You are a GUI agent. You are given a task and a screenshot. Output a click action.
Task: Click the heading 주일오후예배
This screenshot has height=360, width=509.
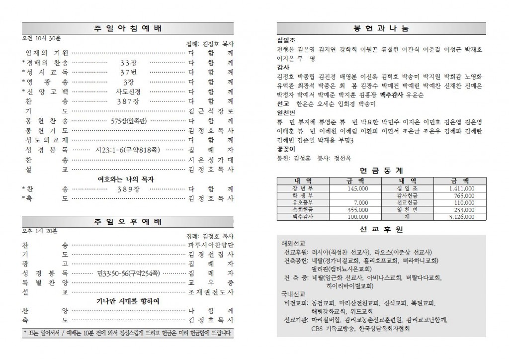click(127, 222)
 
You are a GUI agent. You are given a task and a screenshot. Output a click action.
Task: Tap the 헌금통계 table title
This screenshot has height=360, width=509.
click(381, 170)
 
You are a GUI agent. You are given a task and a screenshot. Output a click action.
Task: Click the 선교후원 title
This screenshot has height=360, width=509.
click(381, 229)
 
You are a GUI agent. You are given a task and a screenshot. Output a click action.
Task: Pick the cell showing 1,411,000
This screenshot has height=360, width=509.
click(461, 189)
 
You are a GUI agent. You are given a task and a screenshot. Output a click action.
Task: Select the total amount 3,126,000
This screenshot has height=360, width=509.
click(461, 217)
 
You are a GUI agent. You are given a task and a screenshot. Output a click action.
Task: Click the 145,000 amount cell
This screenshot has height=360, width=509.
click(358, 189)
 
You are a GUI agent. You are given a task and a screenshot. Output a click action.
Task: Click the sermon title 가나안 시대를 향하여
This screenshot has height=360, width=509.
click(127, 301)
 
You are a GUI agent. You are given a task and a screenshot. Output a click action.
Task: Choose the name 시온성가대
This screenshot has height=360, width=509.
click(211, 160)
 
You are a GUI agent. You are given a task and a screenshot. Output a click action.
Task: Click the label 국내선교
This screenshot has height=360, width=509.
click(294, 293)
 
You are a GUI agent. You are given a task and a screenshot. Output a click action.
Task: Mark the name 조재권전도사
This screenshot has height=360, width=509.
click(211, 292)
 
